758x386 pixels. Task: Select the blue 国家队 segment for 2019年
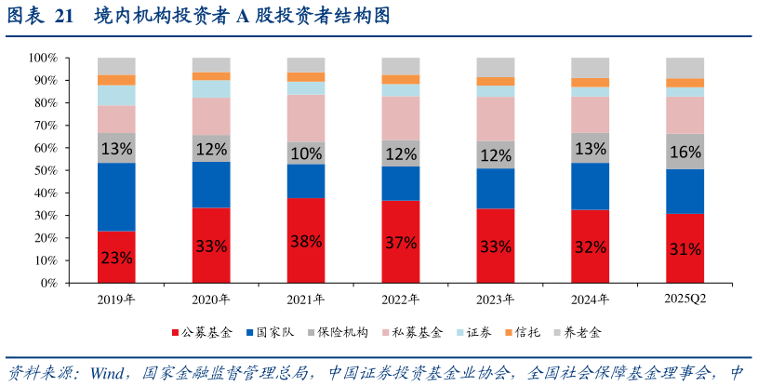(116, 196)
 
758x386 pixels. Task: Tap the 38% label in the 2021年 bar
(306, 241)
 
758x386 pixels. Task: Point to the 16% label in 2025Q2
(685, 152)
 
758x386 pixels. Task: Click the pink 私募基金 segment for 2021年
(306, 118)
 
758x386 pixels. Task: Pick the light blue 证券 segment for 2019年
(116, 95)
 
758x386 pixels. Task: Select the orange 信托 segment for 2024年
(590, 83)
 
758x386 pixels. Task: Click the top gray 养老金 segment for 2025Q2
(685, 68)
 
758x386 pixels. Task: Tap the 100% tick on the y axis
(43, 58)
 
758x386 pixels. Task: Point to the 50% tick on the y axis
(46, 171)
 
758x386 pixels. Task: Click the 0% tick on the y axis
(49, 284)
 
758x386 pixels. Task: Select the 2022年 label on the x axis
(400, 299)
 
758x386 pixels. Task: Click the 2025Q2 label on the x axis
(685, 299)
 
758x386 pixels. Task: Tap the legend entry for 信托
(526, 332)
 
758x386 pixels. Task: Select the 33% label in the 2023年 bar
(495, 247)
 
